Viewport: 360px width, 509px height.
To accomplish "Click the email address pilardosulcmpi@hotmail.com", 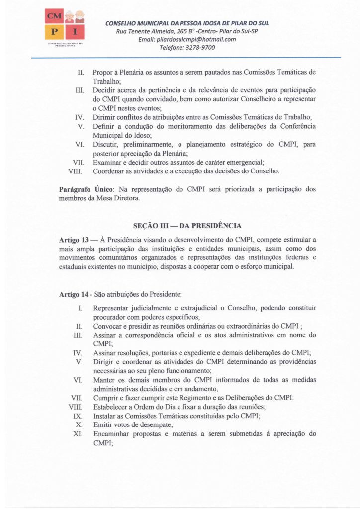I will (187, 40).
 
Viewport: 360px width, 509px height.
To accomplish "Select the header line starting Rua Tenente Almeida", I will (187, 31).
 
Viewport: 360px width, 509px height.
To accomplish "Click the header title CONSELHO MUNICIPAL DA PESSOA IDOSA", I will (187, 23).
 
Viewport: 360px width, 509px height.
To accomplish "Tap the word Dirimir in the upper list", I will (104, 117).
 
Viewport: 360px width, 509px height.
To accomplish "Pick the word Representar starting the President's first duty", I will (112, 308).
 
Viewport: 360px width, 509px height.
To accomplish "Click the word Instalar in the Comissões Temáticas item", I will (104, 416).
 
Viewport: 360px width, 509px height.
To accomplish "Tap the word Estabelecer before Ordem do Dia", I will (110, 407).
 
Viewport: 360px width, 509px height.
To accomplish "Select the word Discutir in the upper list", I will (106, 145).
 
